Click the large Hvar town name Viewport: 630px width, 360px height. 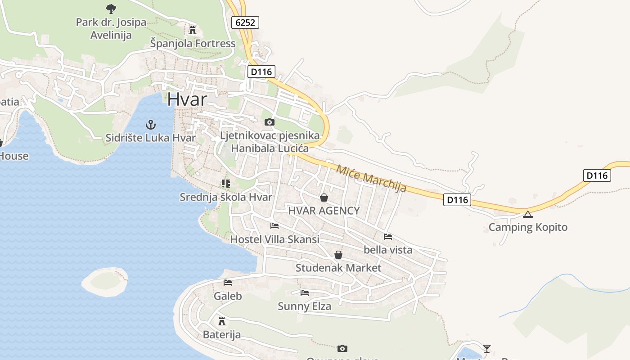click(187, 99)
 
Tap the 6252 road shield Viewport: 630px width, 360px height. click(246, 22)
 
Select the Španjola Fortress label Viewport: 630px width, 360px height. click(193, 44)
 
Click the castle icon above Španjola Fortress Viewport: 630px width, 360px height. click(193, 30)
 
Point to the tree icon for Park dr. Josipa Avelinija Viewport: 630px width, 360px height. click(111, 9)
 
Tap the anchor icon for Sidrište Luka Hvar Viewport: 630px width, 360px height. click(151, 124)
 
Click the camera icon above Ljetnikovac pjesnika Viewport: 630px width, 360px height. click(269, 122)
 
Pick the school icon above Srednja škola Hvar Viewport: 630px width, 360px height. click(225, 184)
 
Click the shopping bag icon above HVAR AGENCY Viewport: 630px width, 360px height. click(324, 198)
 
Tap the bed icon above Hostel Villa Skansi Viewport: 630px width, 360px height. click(274, 226)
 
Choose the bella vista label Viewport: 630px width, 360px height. click(388, 250)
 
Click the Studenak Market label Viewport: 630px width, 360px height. click(338, 268)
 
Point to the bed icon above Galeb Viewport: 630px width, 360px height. click(228, 283)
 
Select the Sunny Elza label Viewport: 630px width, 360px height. click(304, 306)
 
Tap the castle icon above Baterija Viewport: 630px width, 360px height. click(221, 321)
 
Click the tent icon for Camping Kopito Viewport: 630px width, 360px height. click(528, 214)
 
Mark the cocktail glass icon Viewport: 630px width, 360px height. click(486, 348)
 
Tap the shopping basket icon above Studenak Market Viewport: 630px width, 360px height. click(338, 255)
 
